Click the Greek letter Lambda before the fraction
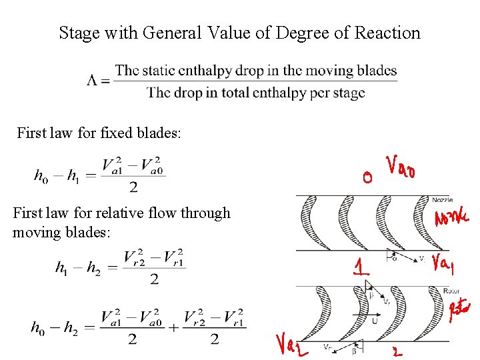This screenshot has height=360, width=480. (x=93, y=81)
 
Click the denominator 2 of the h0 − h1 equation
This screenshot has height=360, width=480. (x=133, y=188)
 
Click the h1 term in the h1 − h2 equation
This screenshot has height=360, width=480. (x=62, y=268)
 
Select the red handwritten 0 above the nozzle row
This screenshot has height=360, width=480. (x=367, y=177)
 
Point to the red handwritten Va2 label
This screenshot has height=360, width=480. (x=289, y=343)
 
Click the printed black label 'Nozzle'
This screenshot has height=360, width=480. (x=442, y=199)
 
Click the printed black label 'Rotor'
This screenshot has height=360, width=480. (x=451, y=291)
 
